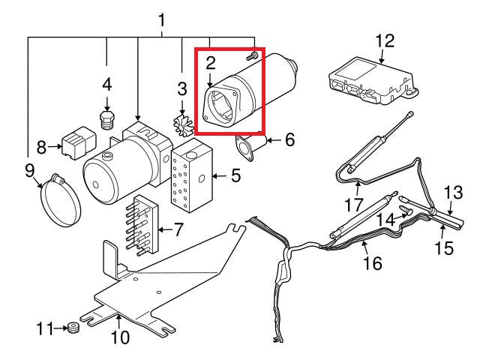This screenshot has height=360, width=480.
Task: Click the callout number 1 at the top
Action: click(x=160, y=20)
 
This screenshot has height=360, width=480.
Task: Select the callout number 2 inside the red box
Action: click(x=211, y=63)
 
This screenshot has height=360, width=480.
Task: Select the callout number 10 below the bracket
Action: click(x=120, y=338)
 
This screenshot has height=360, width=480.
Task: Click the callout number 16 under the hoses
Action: click(x=372, y=263)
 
